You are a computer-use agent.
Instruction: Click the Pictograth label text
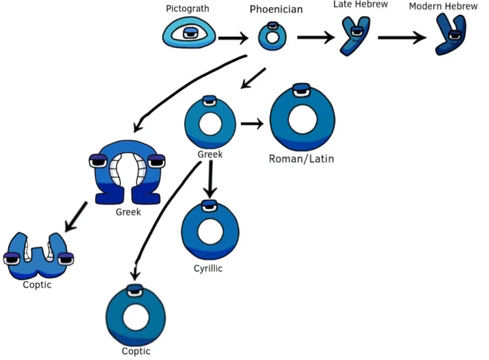(x=188, y=10)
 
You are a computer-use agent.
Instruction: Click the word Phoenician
(x=276, y=10)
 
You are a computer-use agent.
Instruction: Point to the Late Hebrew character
(x=354, y=36)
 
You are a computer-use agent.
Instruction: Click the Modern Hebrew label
(x=444, y=6)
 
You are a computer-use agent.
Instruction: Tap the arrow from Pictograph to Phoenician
(x=234, y=38)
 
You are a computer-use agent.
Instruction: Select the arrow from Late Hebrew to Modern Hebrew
(x=402, y=38)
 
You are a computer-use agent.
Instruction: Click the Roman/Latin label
(x=301, y=158)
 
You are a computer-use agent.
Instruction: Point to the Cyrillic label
(x=208, y=268)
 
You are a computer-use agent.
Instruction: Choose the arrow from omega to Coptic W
(x=77, y=217)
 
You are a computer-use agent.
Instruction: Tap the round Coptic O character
(x=135, y=317)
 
